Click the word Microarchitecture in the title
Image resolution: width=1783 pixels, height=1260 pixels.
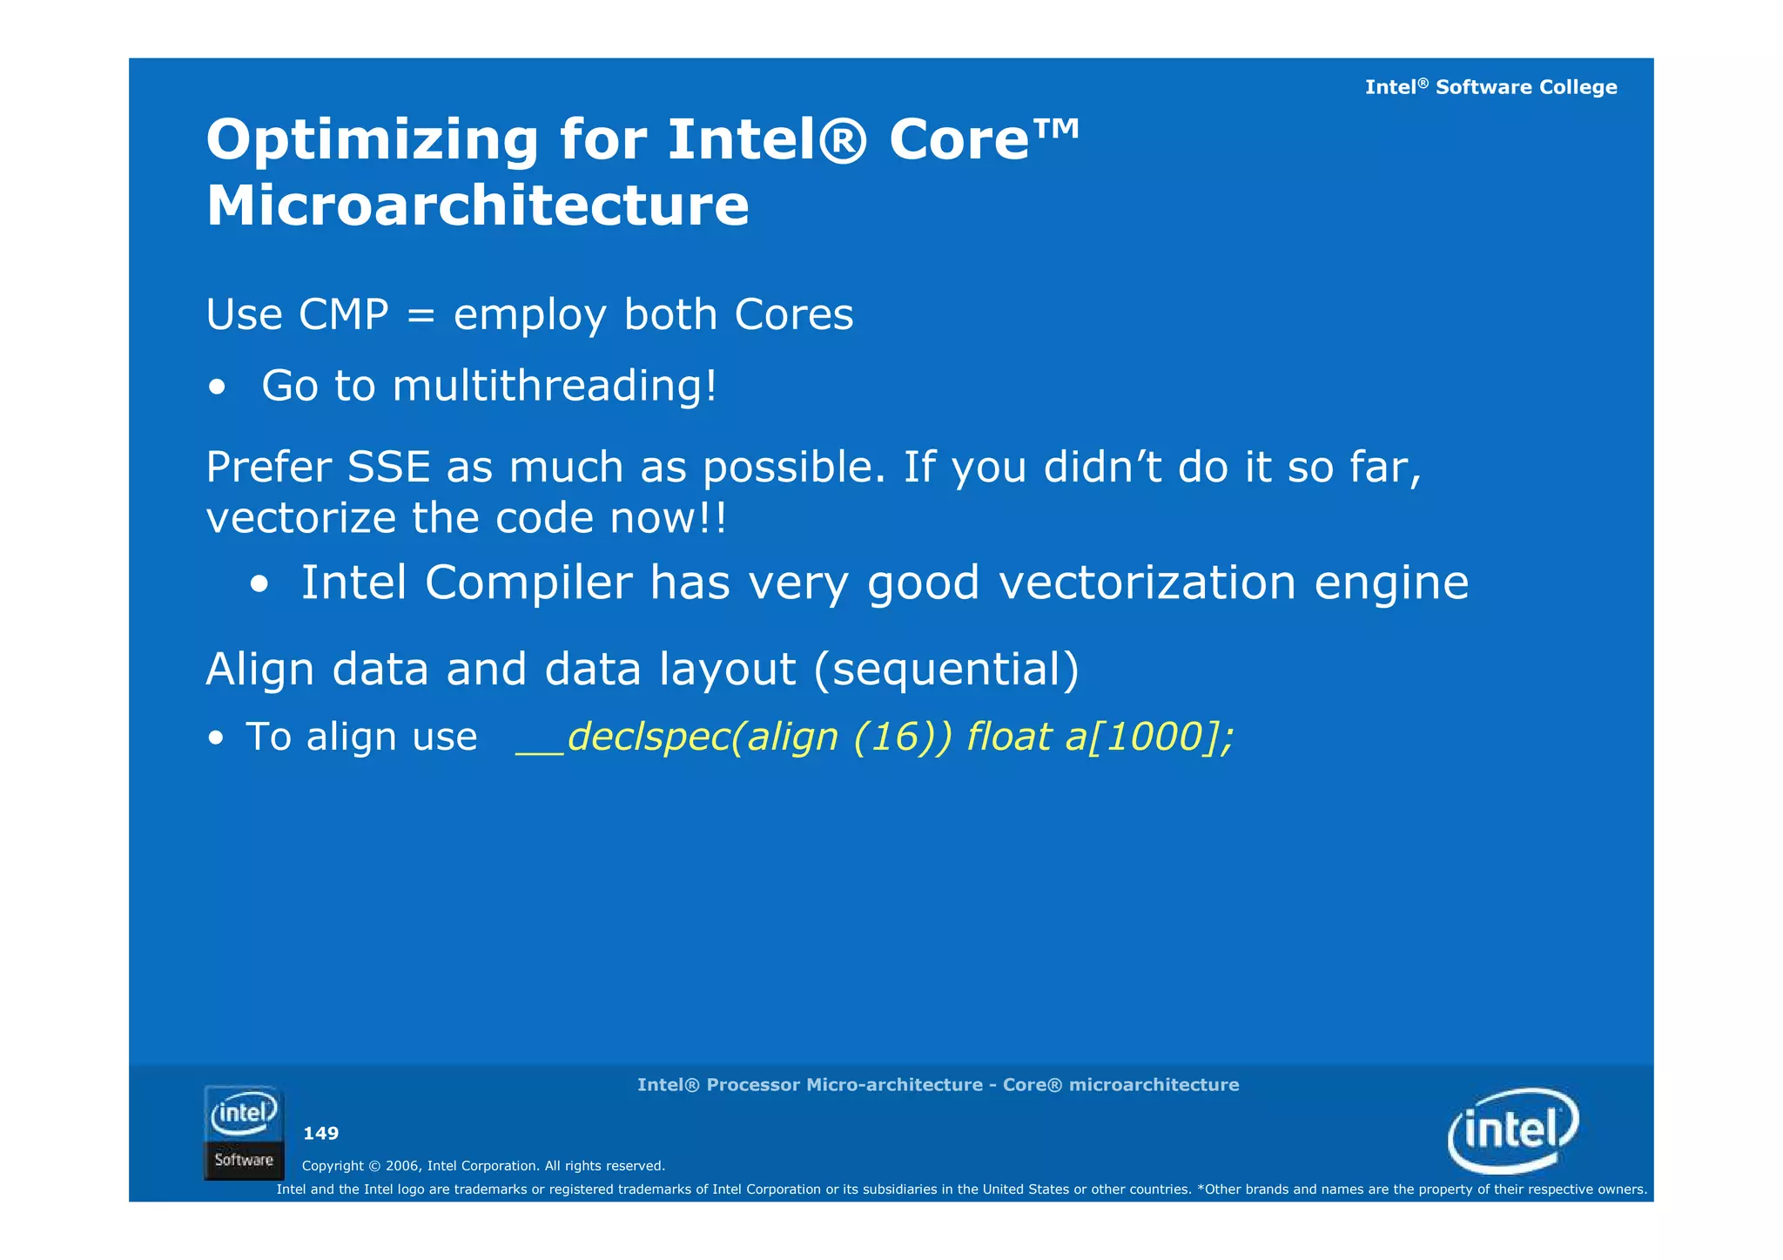(477, 207)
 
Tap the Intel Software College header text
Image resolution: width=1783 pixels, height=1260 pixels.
(1490, 87)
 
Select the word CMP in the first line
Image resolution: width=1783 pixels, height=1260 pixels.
(343, 314)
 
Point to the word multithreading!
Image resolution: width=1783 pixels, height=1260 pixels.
(555, 386)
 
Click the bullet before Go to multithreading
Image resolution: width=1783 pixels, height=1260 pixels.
(217, 387)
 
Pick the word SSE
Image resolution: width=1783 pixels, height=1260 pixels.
(388, 467)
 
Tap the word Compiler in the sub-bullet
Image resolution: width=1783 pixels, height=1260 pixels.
(528, 583)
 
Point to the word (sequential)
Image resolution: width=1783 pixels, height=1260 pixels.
(946, 669)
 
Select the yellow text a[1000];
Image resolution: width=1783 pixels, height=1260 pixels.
(1148, 738)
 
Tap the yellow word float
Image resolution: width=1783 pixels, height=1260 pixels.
(1008, 738)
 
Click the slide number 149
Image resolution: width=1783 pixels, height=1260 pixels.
(320, 1133)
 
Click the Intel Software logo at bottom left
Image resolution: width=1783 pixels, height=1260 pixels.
(244, 1132)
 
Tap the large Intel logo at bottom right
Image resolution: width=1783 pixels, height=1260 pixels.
(1513, 1130)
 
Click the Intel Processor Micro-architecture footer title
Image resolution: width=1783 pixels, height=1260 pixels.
(938, 1085)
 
